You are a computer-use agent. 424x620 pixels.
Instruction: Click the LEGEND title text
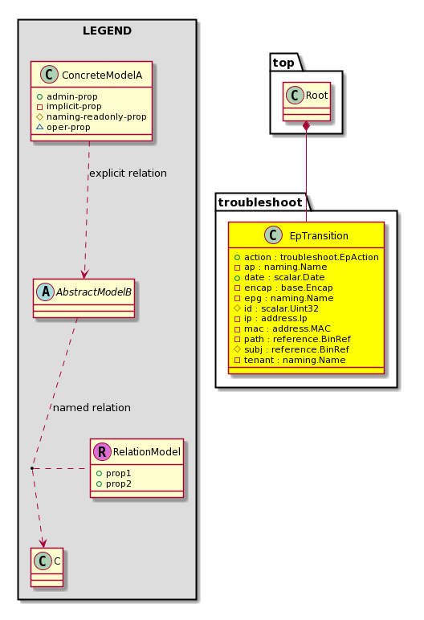[x=107, y=31]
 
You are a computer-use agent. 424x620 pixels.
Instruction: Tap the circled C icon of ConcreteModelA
[x=49, y=75]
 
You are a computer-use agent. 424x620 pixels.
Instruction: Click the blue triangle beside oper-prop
[x=39, y=127]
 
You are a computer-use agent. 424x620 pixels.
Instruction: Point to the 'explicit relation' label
[x=128, y=173]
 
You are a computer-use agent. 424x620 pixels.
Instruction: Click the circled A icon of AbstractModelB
[x=46, y=292]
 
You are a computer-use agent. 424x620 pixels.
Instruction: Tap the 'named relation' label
[x=92, y=408]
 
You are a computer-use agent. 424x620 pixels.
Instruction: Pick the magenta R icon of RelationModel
[x=102, y=451]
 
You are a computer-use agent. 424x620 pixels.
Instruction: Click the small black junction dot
[x=32, y=468]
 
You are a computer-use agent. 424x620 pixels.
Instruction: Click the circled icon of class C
[x=43, y=561]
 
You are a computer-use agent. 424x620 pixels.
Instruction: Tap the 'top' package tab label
[x=283, y=63]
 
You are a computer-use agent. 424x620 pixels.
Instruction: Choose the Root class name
[x=317, y=96]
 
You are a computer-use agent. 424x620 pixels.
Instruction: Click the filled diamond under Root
[x=306, y=127]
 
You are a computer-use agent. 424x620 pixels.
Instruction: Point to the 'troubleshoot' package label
[x=260, y=202]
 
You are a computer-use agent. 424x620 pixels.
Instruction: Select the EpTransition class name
[x=319, y=235]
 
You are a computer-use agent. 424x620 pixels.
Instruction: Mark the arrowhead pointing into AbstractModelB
[x=84, y=274]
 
